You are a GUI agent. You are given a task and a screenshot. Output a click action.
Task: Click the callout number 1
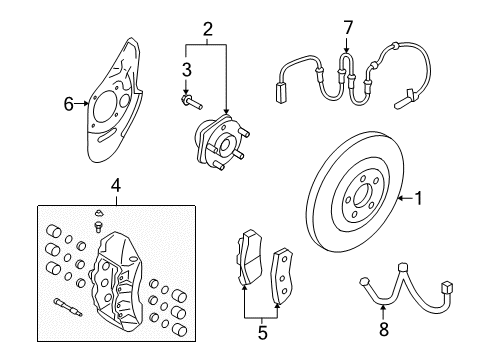419,199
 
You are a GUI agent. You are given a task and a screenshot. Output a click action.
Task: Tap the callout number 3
186,69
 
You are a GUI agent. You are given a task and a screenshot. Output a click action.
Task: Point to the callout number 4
116,185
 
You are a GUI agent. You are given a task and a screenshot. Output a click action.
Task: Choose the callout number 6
69,102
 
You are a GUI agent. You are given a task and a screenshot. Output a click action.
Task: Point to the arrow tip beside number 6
91,102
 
